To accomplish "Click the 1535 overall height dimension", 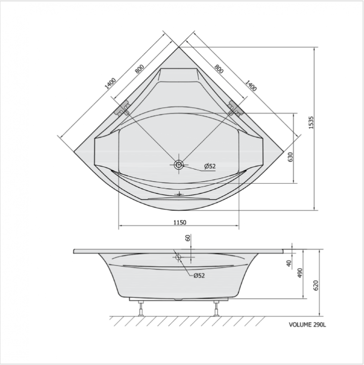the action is [x=311, y=123].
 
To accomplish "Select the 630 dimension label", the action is [x=290, y=157].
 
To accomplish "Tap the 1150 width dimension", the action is [x=180, y=223].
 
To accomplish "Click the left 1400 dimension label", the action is [x=110, y=83].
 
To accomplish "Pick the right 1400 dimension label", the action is [x=250, y=86].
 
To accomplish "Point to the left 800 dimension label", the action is [x=140, y=69].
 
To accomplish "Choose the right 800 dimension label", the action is [x=219, y=69].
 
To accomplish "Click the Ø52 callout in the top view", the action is [x=210, y=166].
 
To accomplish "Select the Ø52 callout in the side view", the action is [x=199, y=276].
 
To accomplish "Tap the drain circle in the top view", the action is [x=179, y=165].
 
